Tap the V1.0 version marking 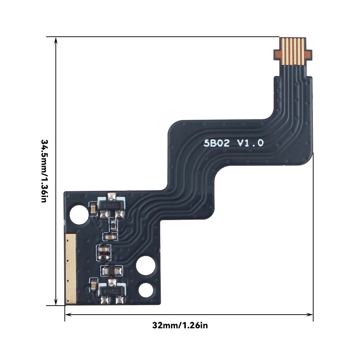250,143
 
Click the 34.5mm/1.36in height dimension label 44,171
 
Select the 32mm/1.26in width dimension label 180,326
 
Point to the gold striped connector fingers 292,51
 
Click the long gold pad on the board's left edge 71,268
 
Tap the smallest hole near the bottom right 145,290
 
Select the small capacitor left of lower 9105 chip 93,287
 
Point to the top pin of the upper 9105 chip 112,196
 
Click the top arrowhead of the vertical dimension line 56,40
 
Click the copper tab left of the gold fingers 278,54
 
